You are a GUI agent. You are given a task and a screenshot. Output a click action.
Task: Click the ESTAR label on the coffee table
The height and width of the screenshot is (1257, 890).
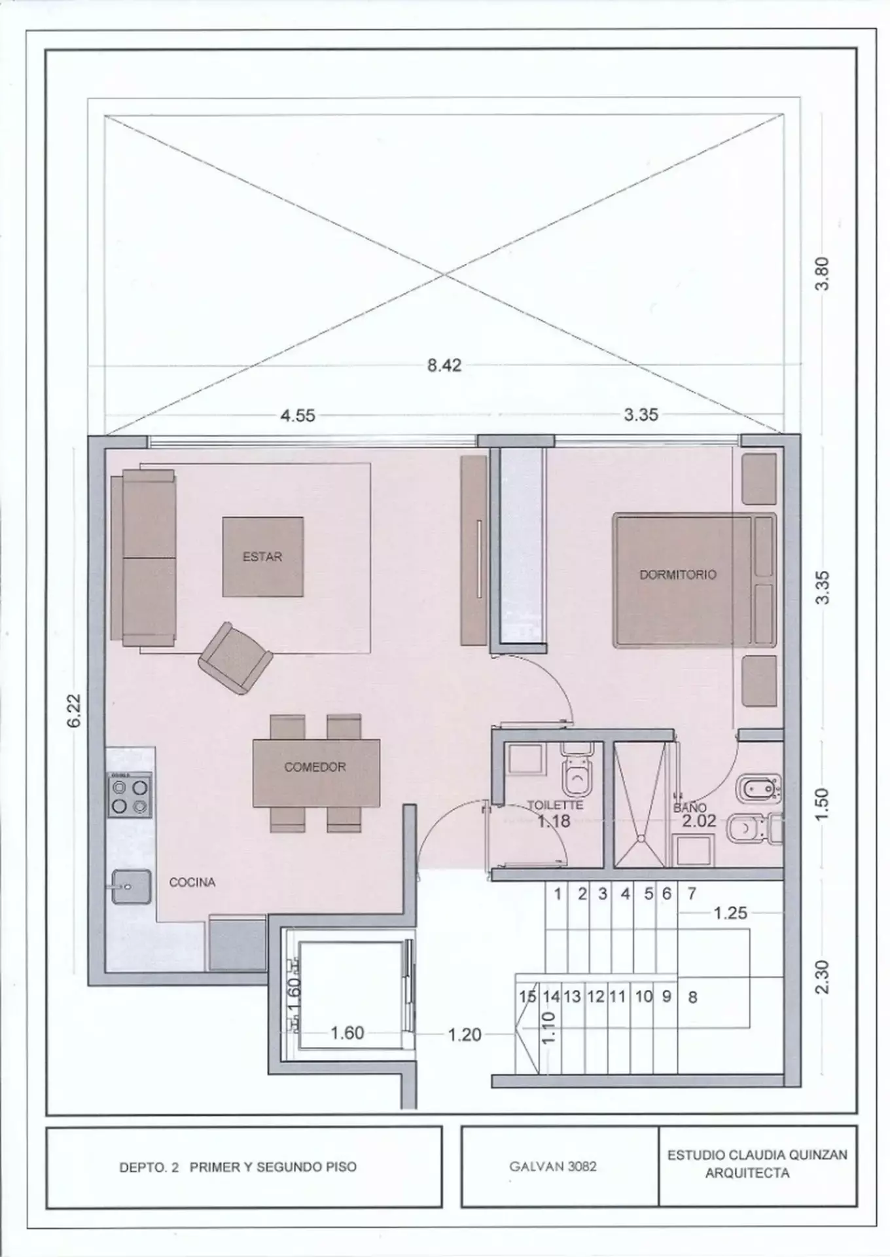pos(262,557)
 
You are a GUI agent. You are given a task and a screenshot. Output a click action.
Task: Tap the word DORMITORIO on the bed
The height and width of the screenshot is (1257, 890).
pos(677,574)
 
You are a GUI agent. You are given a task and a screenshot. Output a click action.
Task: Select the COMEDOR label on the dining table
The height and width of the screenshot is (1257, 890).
pos(315,767)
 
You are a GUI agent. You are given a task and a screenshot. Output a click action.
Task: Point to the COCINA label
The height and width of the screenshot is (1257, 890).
pos(192,882)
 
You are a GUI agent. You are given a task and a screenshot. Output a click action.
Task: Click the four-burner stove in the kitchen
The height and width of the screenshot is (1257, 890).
pos(130,795)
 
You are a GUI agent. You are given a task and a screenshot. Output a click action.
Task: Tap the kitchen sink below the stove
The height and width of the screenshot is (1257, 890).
pos(131,887)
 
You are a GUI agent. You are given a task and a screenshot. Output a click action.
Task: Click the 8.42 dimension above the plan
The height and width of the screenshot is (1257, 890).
pos(444,365)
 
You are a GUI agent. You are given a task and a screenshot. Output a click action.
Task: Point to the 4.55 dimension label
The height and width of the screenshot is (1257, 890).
pos(298,416)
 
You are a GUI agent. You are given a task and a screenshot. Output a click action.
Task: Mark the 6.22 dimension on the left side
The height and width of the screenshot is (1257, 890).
pos(74,710)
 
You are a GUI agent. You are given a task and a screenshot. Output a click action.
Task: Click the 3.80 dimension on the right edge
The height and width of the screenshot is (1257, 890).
pos(823,273)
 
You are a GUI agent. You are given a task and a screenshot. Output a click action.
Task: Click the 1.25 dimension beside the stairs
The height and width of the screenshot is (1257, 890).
pos(730,913)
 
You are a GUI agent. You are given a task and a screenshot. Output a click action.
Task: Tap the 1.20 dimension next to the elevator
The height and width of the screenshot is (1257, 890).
pos(464,1034)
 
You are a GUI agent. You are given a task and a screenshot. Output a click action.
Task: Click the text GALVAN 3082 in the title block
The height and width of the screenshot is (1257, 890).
pos(553,1167)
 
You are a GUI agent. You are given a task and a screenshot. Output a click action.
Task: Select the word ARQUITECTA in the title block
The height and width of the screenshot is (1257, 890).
pos(747,1174)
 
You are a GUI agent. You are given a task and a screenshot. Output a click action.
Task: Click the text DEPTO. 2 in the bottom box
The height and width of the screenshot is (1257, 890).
pos(149,1167)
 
